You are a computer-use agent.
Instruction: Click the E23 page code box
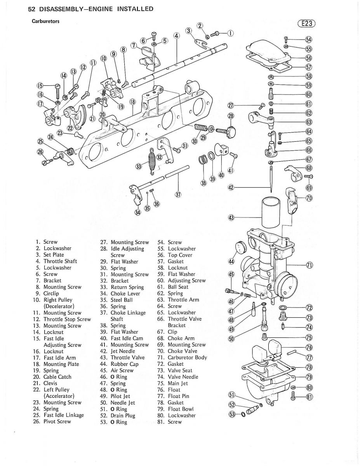point(306,24)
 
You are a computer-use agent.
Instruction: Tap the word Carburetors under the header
point(45,21)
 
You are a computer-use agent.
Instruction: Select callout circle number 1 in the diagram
point(230,33)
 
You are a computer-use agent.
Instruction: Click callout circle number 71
point(309,266)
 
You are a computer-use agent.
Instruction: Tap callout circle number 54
point(309,40)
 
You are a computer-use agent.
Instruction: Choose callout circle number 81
point(309,397)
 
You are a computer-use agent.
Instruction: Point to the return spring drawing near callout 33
point(152,160)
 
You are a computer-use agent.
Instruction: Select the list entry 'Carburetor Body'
point(188,358)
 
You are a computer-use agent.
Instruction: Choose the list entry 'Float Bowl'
point(181,409)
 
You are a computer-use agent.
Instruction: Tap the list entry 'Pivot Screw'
point(57,421)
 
